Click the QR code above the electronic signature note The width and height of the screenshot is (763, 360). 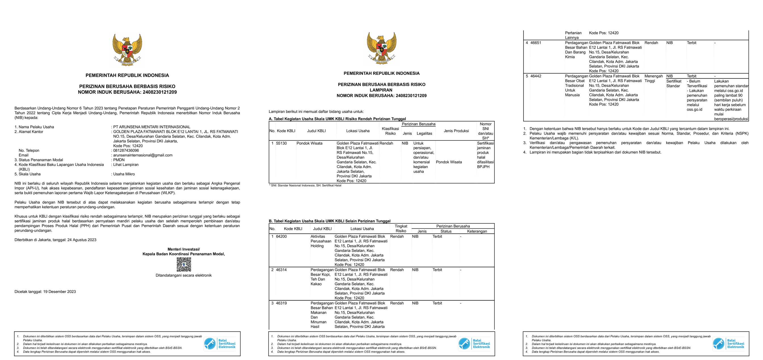(184, 264)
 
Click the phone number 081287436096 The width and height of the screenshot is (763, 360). (126, 150)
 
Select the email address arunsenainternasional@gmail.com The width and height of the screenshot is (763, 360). (142, 155)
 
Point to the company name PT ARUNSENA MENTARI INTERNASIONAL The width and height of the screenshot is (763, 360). (152, 127)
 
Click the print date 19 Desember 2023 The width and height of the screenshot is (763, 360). (60, 292)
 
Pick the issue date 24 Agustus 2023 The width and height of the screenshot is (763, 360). (82, 240)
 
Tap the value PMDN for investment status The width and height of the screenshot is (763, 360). (119, 160)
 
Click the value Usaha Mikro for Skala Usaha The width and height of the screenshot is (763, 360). (124, 174)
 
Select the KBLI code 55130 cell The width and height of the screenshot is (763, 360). (281, 143)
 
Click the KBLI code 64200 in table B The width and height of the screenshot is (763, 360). (281, 237)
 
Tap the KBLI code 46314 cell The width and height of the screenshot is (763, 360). (281, 270)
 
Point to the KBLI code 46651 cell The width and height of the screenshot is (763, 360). (536, 43)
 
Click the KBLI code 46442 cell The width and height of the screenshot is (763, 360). (536, 76)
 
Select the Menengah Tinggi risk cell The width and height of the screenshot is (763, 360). (653, 79)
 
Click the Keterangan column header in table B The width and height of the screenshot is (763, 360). (477, 231)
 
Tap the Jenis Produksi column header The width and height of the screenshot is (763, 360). (456, 131)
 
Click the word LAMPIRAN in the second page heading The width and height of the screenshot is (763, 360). (381, 90)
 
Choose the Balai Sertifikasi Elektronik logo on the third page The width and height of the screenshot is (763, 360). (729, 344)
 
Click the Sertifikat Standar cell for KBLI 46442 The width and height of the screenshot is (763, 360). (674, 83)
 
